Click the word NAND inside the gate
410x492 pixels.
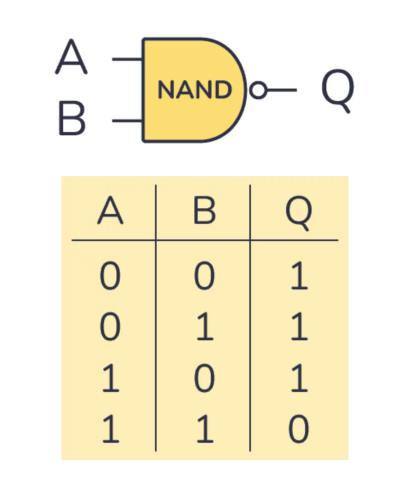[195, 89]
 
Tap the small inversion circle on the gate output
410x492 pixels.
[258, 90]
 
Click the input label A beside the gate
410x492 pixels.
[71, 56]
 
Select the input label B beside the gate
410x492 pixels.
[72, 118]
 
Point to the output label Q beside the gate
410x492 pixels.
[338, 91]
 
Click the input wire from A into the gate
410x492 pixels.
[127, 59]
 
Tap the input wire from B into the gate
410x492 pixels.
[127, 121]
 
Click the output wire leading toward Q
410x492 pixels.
[282, 90]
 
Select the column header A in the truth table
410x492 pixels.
[110, 210]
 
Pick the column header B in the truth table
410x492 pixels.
[205, 210]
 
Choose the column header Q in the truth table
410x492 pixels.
[299, 213]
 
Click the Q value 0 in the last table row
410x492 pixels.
[299, 429]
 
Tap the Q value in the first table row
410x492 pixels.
[299, 275]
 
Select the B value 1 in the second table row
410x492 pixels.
[205, 326]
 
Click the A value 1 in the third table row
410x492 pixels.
[111, 378]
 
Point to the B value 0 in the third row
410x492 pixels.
[205, 378]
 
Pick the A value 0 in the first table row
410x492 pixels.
[110, 275]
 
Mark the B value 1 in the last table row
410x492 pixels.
[205, 429]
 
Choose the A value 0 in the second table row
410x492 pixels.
[110, 326]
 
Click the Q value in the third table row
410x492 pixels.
[299, 378]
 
